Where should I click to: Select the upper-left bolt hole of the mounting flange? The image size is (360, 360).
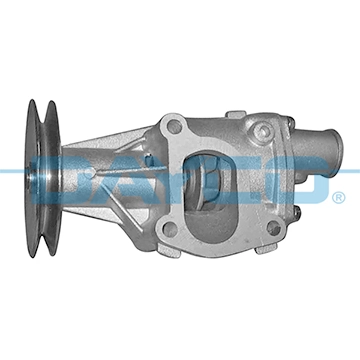[175, 127]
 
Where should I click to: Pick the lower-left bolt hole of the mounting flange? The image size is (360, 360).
[168, 229]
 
